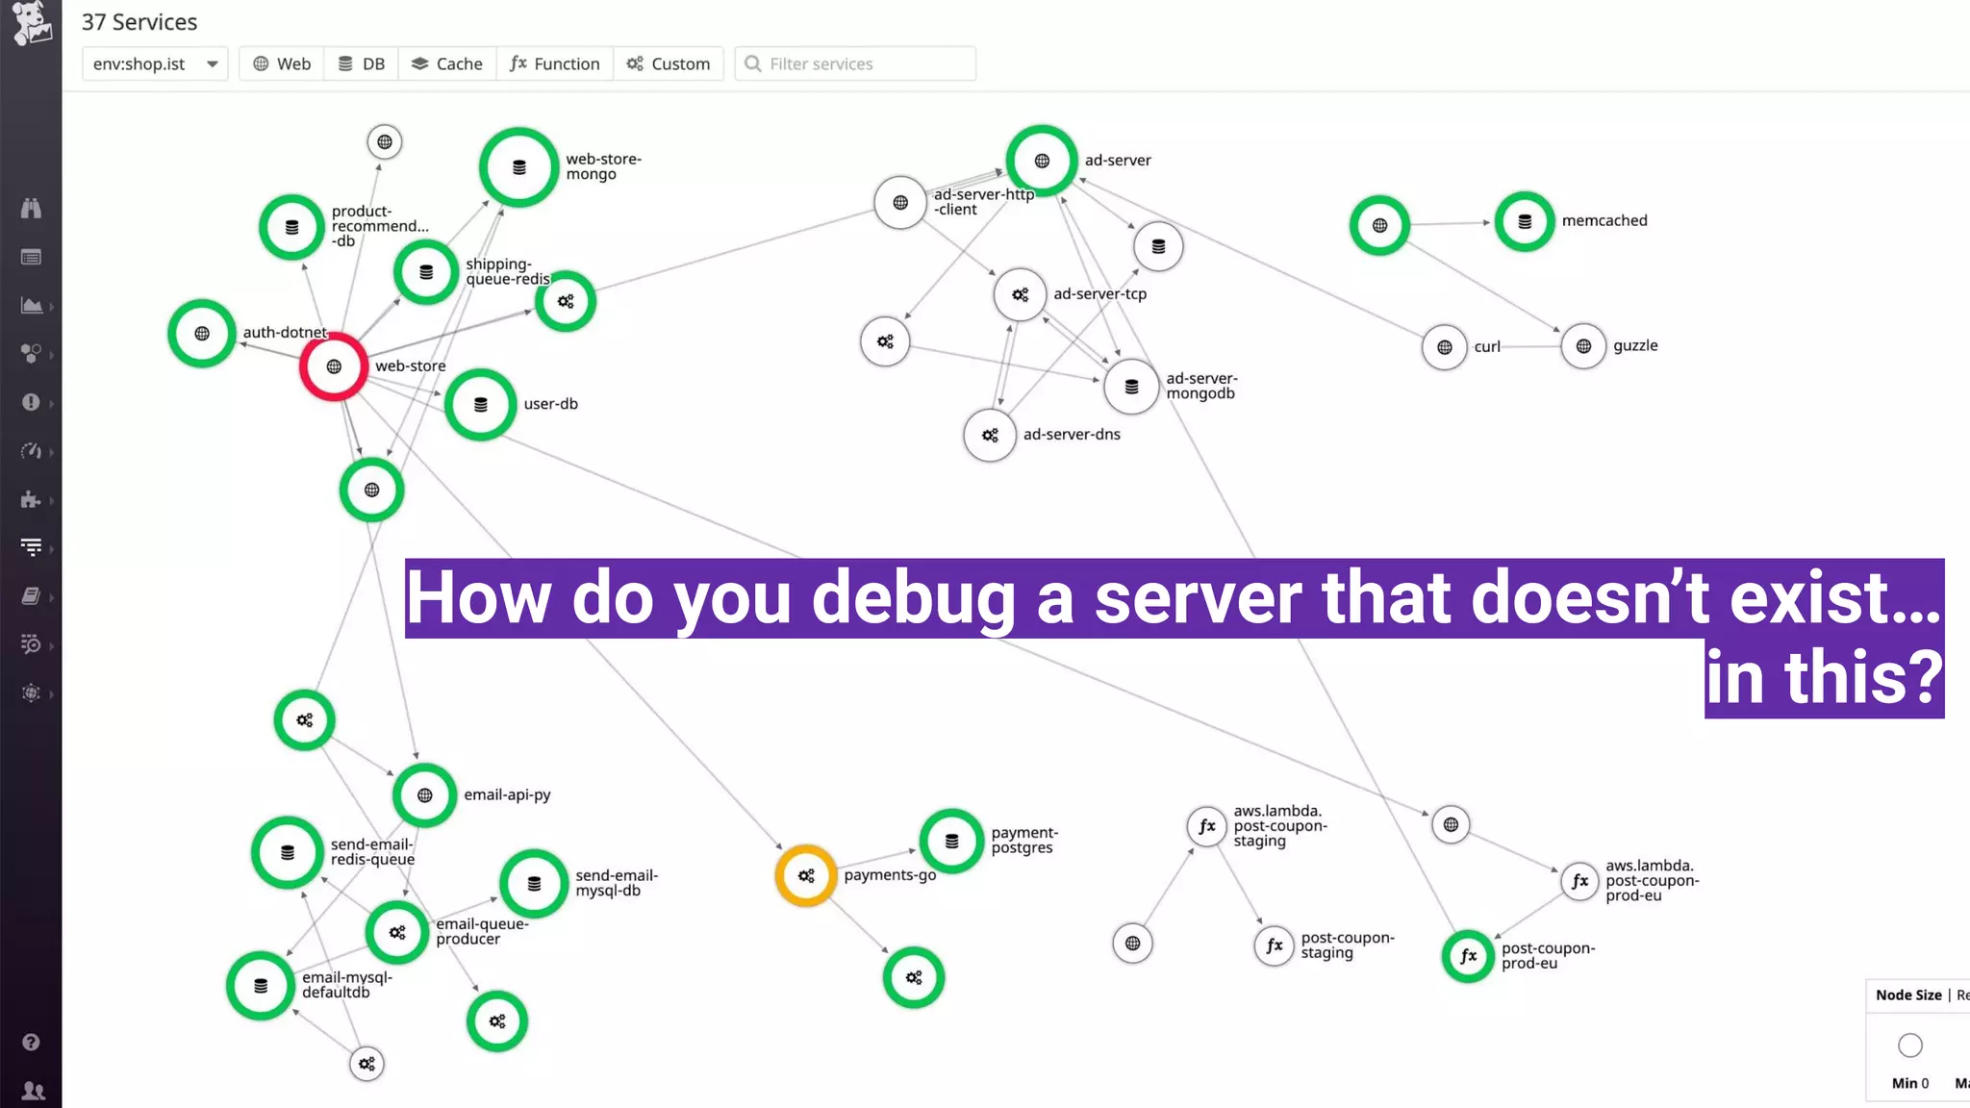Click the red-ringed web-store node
click(334, 366)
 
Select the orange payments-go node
click(806, 875)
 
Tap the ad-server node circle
click(1042, 161)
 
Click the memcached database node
click(1525, 222)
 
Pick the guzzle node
click(1583, 346)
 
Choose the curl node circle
click(1444, 347)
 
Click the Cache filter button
click(447, 63)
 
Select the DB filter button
click(362, 63)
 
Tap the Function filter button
click(555, 63)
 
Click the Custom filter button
click(669, 63)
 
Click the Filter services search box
click(856, 63)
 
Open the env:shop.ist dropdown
click(155, 63)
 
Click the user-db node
click(481, 405)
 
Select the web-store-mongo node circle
click(519, 167)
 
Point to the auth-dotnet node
click(202, 334)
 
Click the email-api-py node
click(424, 795)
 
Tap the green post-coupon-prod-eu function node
click(1468, 956)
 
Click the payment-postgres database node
click(951, 841)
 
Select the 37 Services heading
click(139, 22)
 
